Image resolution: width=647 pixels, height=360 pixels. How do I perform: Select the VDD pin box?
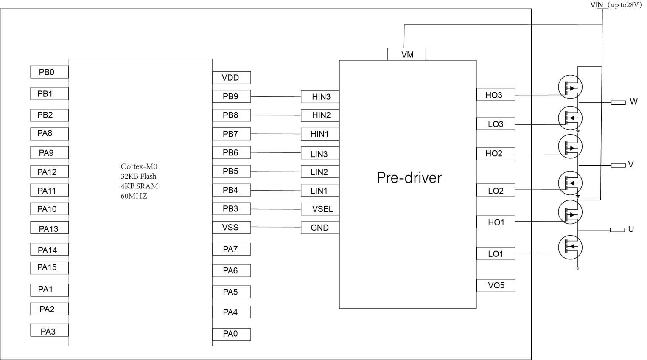[x=231, y=78]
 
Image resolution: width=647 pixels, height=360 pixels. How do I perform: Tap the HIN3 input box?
[x=320, y=97]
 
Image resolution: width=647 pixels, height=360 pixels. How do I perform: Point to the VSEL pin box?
[x=320, y=209]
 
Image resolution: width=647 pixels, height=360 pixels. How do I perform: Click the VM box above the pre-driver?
[x=406, y=54]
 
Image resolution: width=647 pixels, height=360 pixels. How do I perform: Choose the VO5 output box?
[x=496, y=285]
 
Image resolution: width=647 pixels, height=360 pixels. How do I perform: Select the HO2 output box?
[x=496, y=153]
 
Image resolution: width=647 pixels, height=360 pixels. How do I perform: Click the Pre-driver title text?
[x=409, y=177]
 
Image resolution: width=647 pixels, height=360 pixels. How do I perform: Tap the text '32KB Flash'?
[x=138, y=176]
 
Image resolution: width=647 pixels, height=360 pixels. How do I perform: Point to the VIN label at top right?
[x=597, y=5]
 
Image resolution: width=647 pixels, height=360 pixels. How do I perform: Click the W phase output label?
[x=633, y=102]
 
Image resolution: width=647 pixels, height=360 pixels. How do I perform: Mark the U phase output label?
[x=631, y=229]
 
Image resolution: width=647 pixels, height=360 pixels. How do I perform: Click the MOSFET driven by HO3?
[x=570, y=87]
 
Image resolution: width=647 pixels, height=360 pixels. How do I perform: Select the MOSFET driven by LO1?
[x=570, y=247]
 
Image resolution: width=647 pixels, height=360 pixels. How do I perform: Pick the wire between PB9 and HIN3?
[x=276, y=97]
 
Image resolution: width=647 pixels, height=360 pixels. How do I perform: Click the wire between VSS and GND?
[x=276, y=227]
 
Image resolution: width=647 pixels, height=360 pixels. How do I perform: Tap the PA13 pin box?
[x=49, y=229]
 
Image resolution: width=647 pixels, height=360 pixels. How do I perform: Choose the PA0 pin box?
[x=231, y=334]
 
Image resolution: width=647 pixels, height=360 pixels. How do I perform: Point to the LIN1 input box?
[x=320, y=191]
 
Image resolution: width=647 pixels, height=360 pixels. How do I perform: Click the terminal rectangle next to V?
[x=618, y=165]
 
